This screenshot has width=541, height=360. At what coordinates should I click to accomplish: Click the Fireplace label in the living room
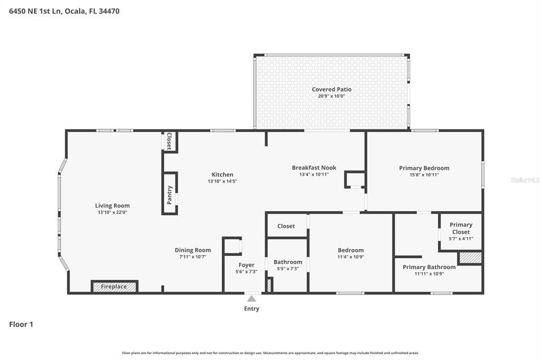tap(114, 287)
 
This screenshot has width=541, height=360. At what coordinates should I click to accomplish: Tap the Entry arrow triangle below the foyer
tap(251, 299)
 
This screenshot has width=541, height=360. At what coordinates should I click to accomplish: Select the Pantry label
tap(170, 193)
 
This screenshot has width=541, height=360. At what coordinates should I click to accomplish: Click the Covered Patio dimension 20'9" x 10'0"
tap(331, 96)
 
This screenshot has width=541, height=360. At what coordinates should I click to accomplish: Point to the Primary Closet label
tap(461, 229)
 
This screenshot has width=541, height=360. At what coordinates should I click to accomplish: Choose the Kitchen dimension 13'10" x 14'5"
tap(222, 181)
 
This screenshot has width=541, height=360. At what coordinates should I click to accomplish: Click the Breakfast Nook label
tap(314, 168)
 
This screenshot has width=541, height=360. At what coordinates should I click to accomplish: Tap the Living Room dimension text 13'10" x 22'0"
tap(112, 212)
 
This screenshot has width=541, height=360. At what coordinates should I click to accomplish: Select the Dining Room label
tap(193, 250)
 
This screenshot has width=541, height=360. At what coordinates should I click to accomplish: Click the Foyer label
tap(246, 265)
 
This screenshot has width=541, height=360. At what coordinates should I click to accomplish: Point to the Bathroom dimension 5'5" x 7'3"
tap(288, 269)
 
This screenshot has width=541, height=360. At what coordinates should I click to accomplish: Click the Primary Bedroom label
tap(424, 168)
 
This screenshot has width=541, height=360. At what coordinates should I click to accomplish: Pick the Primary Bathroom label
tap(429, 267)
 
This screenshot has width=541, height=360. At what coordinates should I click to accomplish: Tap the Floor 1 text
tap(21, 325)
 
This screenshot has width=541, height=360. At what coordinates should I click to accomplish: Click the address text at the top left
tap(64, 11)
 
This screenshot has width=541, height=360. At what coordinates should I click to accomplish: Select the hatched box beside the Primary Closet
tap(470, 258)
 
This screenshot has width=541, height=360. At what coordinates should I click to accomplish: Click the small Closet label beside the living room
tap(169, 141)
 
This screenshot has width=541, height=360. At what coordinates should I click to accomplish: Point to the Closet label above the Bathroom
tap(286, 226)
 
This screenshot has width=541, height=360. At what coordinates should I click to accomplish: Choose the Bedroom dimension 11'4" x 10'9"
tap(351, 257)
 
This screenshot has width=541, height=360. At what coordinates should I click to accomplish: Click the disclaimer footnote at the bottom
tap(270, 353)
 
